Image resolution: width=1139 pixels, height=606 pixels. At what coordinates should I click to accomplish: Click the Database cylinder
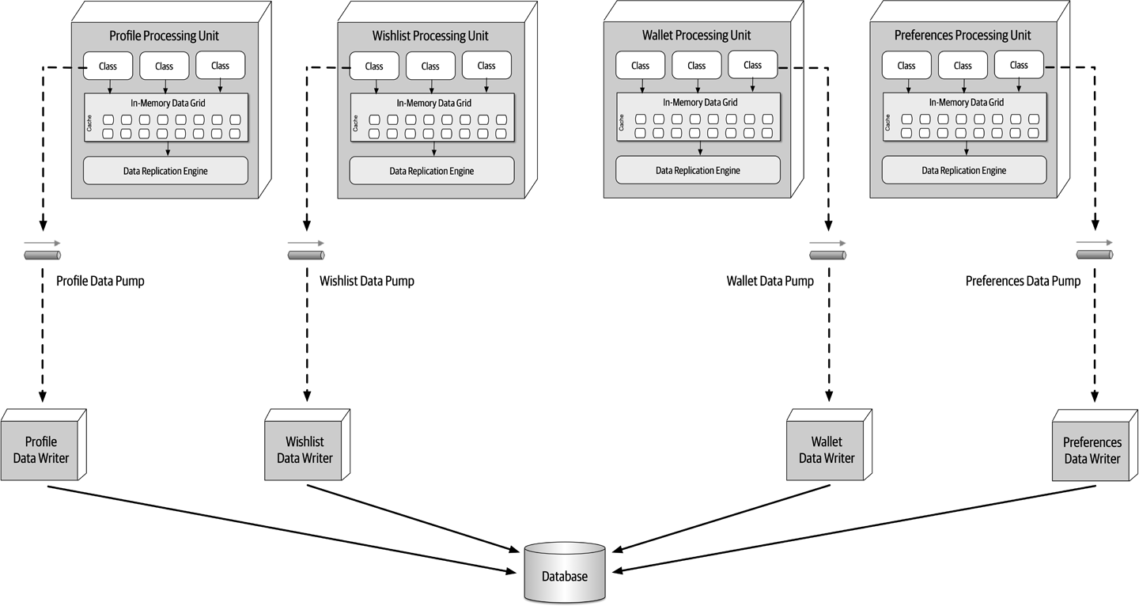565,574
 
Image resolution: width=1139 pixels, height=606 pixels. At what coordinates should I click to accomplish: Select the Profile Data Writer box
41,450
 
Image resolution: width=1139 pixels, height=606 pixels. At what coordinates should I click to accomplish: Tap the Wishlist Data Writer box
305,450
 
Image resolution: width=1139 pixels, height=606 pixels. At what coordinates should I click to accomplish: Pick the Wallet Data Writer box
827,450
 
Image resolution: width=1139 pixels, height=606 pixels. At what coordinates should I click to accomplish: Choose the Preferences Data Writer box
1092,451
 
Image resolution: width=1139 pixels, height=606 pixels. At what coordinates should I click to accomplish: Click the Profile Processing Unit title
164,36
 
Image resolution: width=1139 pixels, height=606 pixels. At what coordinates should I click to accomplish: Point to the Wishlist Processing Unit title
430,36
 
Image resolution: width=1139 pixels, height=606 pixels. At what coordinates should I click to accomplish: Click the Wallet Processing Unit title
696,36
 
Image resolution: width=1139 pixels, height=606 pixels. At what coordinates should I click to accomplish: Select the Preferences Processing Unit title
963,36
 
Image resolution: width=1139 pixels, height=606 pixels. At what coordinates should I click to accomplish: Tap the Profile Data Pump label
100,281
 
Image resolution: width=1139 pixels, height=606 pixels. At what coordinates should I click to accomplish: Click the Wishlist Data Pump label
366,281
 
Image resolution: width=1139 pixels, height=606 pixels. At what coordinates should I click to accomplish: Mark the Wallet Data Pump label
770,281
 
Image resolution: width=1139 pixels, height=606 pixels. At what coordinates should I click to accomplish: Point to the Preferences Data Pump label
1023,281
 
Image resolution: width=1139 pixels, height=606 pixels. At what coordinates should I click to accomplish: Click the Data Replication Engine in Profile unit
165,171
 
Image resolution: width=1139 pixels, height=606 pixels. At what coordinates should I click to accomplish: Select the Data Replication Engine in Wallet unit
698,171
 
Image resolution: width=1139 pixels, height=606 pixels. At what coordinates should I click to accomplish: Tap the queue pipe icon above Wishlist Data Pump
306,255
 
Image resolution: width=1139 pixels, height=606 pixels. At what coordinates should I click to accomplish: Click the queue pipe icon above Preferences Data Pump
1095,254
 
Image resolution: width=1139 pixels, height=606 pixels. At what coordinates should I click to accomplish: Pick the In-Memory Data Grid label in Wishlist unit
433,103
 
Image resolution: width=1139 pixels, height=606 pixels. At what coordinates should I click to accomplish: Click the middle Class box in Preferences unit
963,66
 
